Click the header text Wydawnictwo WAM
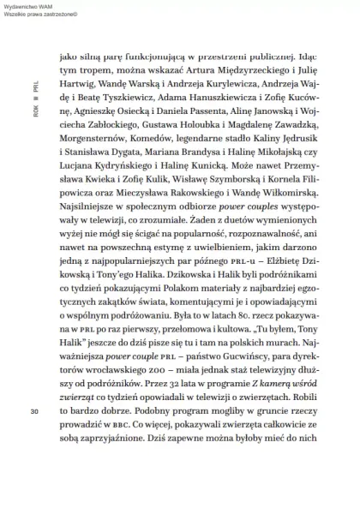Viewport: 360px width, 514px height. click(x=33, y=6)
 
